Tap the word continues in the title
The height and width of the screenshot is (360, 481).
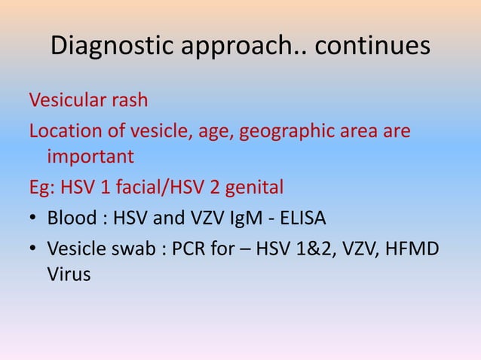pos(372,47)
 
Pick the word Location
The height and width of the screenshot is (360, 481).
pos(61,132)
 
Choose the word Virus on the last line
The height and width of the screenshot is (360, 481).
pos(69,275)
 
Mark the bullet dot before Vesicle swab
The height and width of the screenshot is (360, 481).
pos(34,248)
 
